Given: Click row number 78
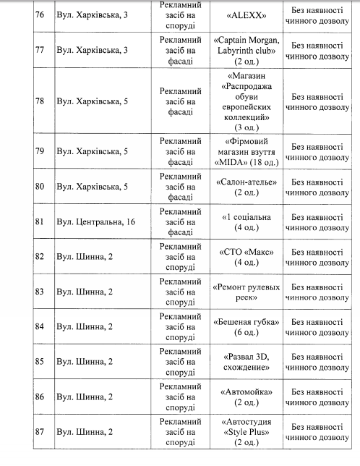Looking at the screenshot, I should [40, 101].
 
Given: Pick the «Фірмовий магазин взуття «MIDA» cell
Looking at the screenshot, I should [247, 151].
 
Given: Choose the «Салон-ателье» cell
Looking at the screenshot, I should [247, 187].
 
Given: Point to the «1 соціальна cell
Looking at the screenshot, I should [247, 221].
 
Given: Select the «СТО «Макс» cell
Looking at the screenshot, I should [247, 257].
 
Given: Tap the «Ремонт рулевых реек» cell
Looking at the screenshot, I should [247, 292].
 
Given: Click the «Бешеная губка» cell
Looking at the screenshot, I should [247, 326].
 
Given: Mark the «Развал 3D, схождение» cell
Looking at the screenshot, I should [247, 362].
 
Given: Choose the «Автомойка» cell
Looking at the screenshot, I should [247, 397].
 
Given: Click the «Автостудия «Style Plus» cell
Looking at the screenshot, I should [247, 432].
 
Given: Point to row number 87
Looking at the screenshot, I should [40, 432].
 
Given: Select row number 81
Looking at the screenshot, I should [40, 221].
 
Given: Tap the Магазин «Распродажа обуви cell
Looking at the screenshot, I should [247, 101].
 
